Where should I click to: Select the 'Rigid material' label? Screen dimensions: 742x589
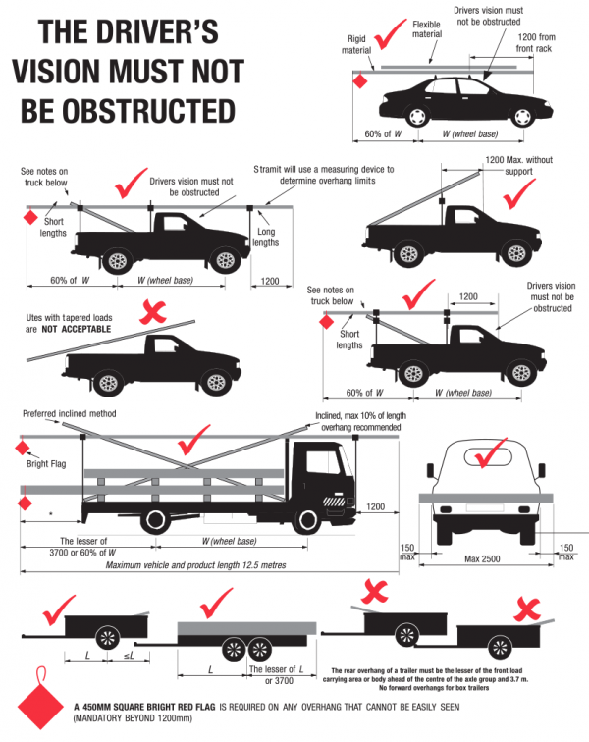tap(356, 42)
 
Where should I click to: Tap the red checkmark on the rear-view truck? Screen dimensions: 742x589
tap(488, 459)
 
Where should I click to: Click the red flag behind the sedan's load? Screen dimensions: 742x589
tap(360, 82)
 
